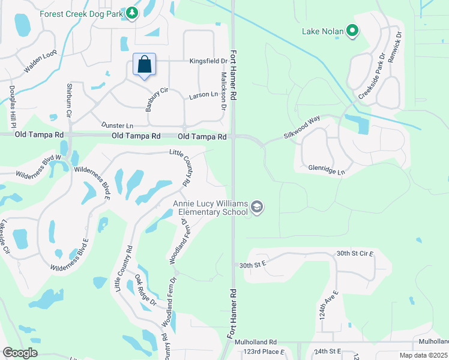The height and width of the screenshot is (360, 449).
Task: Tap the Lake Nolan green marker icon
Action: (x=353, y=30)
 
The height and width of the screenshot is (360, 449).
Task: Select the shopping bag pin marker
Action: (x=144, y=65)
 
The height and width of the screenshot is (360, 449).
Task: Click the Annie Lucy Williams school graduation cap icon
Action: (x=257, y=208)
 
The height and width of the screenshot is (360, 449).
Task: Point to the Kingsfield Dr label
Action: (x=208, y=61)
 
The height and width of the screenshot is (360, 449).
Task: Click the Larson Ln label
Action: (x=203, y=95)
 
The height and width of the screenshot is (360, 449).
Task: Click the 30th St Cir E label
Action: (x=355, y=254)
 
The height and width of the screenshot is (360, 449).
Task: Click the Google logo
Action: (x=20, y=353)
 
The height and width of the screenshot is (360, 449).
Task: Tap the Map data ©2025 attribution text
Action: (x=423, y=355)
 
